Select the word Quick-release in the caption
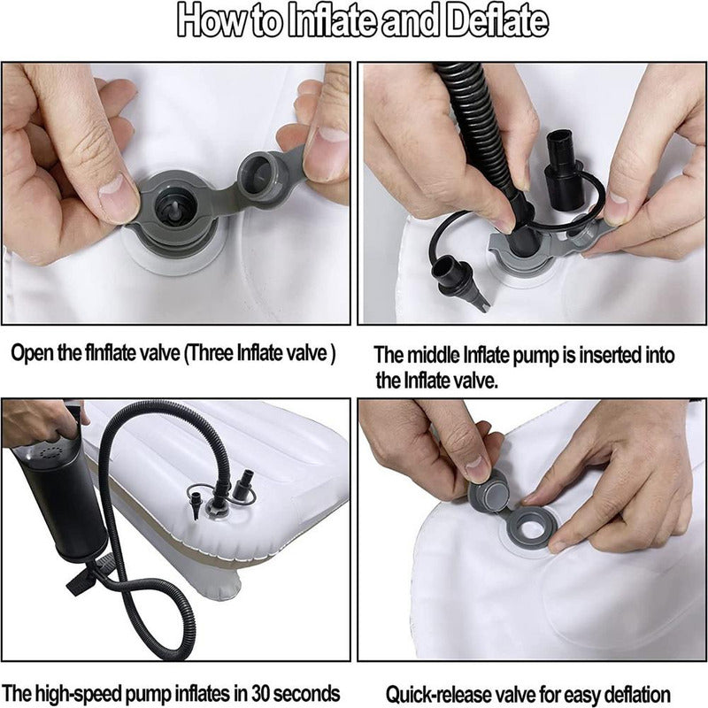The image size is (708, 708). pyautogui.click(x=434, y=695)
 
